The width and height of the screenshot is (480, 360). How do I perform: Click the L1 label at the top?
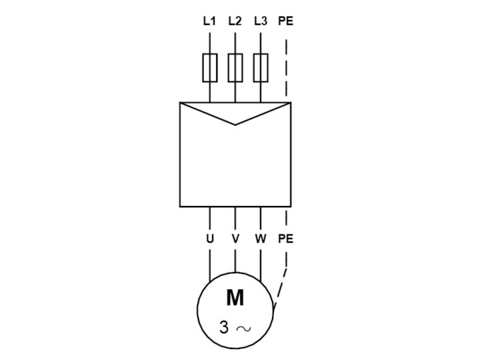point(209,21)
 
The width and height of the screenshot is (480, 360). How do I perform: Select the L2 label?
point(235,21)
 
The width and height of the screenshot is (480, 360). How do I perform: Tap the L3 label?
point(260,21)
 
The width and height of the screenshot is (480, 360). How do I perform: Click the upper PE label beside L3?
point(286,21)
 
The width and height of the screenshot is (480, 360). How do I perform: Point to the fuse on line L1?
point(209,67)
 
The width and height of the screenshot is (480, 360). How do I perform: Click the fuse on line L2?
point(235,67)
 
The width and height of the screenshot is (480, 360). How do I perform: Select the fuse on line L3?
point(260,67)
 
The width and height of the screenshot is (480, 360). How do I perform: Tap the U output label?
point(209,239)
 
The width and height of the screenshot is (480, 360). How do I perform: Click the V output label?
point(235,239)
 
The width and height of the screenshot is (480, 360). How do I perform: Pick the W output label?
point(260,239)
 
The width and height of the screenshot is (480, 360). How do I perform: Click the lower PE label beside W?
point(286,239)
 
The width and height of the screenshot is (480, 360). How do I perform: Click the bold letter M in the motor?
point(235,298)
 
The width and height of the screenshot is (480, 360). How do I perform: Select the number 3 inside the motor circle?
point(224,328)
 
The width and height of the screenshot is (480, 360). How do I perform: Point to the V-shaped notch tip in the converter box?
point(235,124)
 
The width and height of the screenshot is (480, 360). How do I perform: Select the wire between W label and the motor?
point(260,262)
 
